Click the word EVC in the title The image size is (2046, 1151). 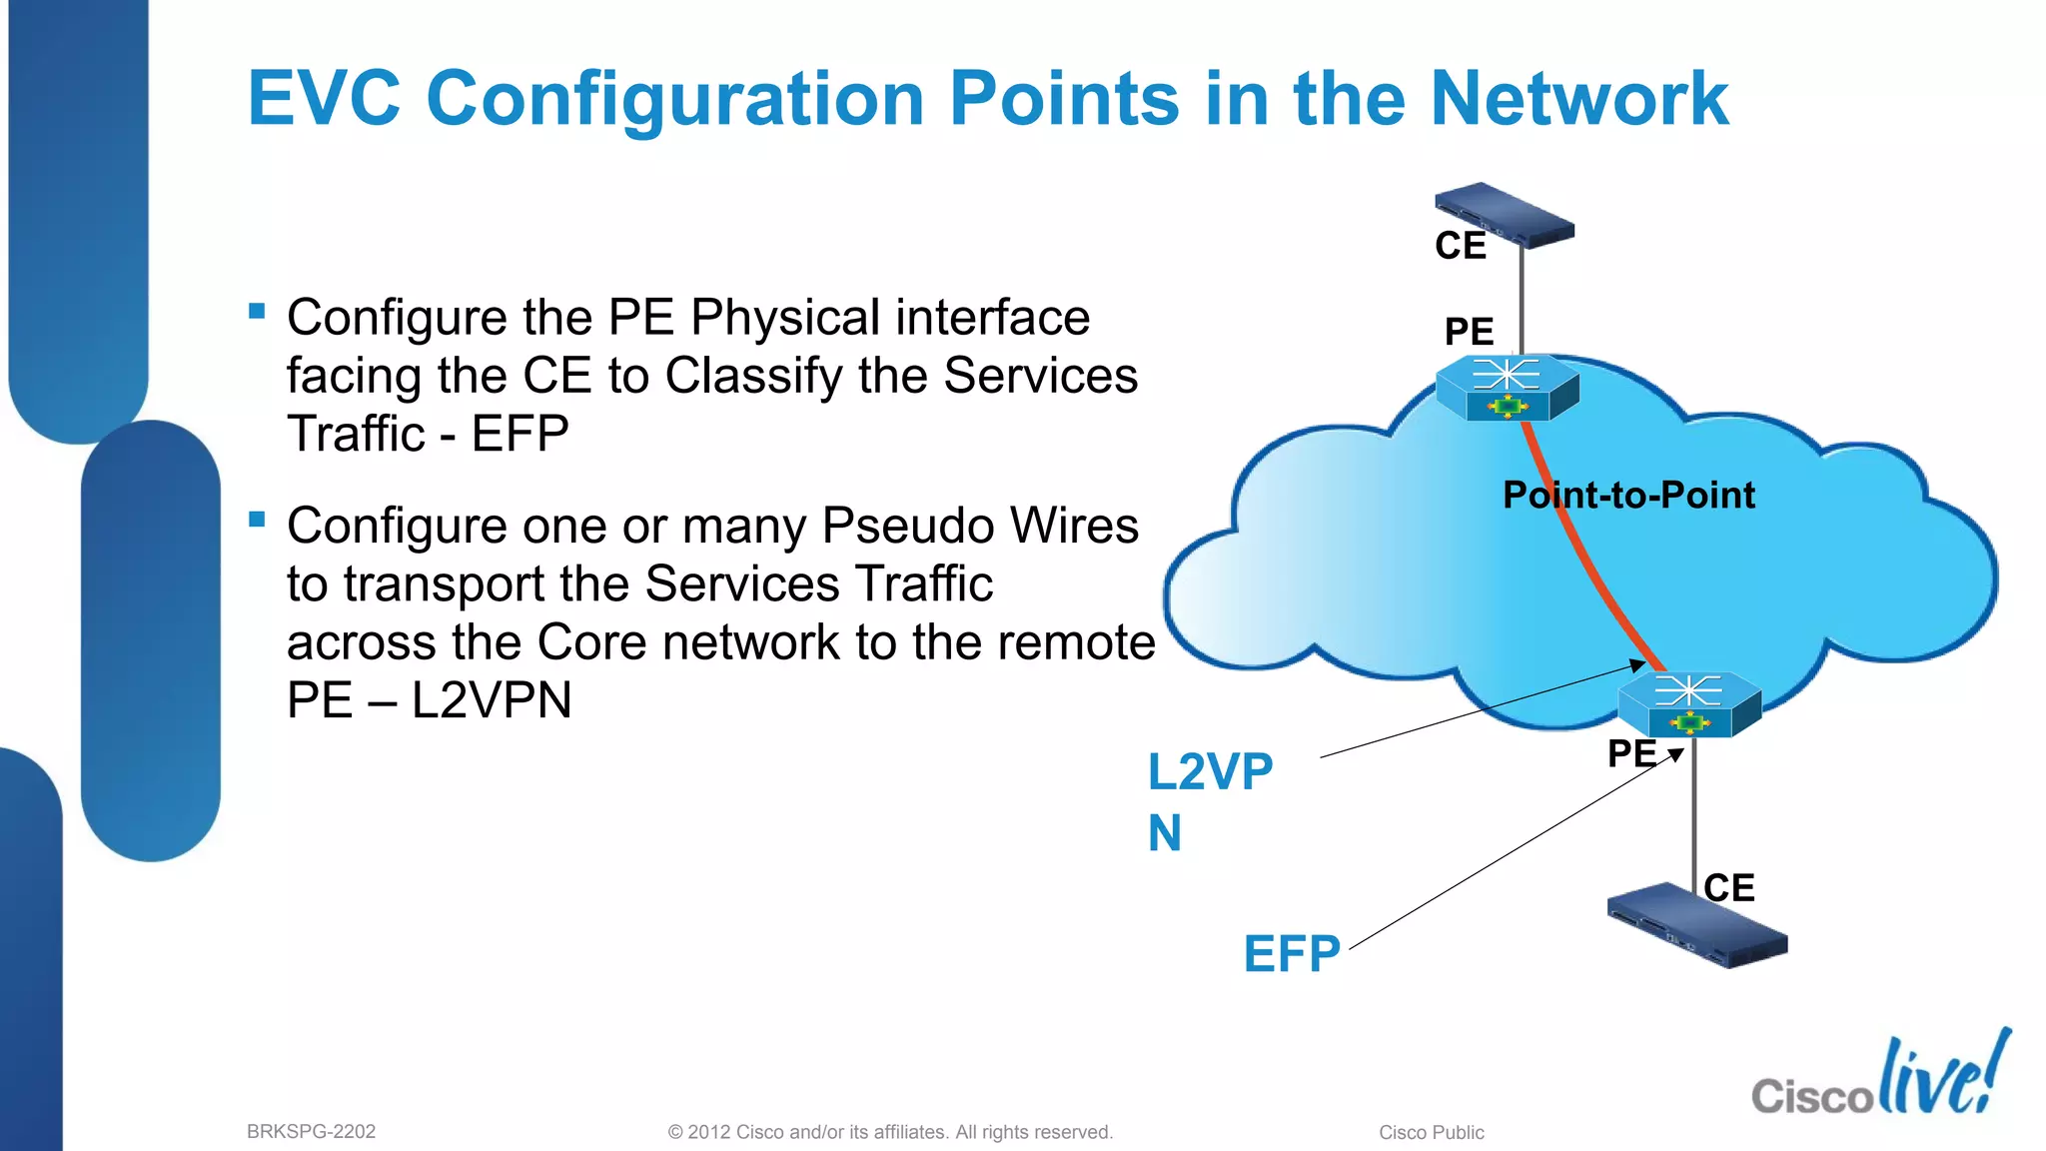click(324, 98)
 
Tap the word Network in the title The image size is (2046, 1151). click(1578, 98)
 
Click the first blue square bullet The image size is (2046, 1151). click(257, 311)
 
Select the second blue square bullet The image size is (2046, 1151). click(257, 520)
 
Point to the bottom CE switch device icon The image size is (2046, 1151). click(1696, 925)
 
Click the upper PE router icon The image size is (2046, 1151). click(1507, 388)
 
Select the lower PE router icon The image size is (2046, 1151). click(1688, 704)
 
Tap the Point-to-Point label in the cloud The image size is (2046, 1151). click(1628, 496)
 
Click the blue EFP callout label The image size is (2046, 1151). click(1291, 954)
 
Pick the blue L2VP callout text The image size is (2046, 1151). click(1209, 772)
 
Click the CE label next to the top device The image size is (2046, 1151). click(1460, 246)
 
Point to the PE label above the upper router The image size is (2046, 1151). click(1469, 332)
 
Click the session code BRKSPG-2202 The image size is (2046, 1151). click(311, 1132)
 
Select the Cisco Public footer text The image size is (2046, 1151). click(1431, 1133)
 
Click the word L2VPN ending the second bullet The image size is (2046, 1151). click(491, 700)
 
